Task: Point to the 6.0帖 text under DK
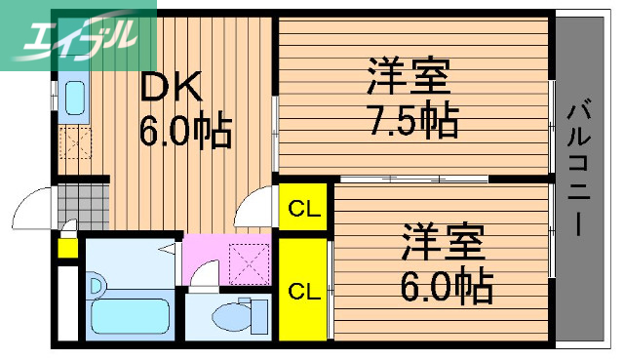[185, 131]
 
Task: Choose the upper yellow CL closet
[303, 208]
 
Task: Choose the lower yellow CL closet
[303, 289]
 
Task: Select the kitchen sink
[75, 98]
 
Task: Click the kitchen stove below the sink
[75, 143]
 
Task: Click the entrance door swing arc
[31, 205]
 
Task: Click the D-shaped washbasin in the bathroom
[97, 285]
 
